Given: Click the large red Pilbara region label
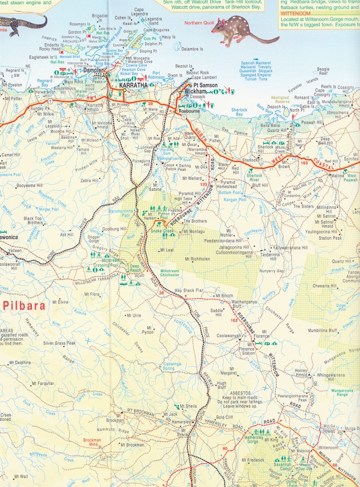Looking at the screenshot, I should tap(24, 305).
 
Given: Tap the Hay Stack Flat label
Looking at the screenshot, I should tap(189, 290).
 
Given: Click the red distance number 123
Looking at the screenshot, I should tap(204, 184).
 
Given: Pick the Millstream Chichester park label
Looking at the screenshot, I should tap(170, 273).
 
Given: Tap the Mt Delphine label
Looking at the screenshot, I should tap(19, 362).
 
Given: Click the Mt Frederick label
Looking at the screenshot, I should tap(255, 460).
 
